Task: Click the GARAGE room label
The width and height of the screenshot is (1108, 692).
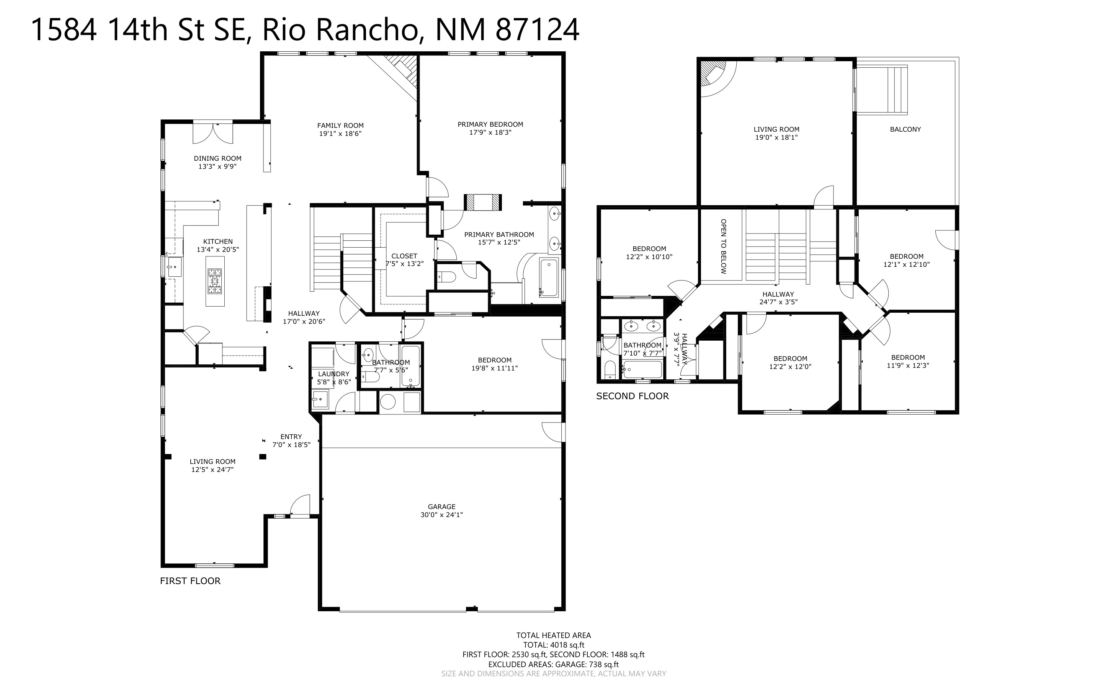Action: point(442,507)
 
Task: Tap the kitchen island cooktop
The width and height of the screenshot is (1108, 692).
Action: point(215,281)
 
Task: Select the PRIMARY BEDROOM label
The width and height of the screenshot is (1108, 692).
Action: point(490,124)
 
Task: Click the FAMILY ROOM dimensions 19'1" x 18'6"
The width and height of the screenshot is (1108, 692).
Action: point(340,134)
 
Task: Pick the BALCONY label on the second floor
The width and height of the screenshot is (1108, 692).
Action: point(905,129)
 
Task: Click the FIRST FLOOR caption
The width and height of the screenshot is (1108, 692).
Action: point(190,581)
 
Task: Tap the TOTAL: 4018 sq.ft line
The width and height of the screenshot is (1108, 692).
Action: point(554,645)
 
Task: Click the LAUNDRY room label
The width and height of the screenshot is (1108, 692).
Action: point(333,374)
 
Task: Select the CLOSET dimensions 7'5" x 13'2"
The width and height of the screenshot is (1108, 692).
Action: point(405,264)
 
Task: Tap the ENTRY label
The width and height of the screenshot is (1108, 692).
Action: point(291,437)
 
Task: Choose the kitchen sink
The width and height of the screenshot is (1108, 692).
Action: point(174,267)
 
